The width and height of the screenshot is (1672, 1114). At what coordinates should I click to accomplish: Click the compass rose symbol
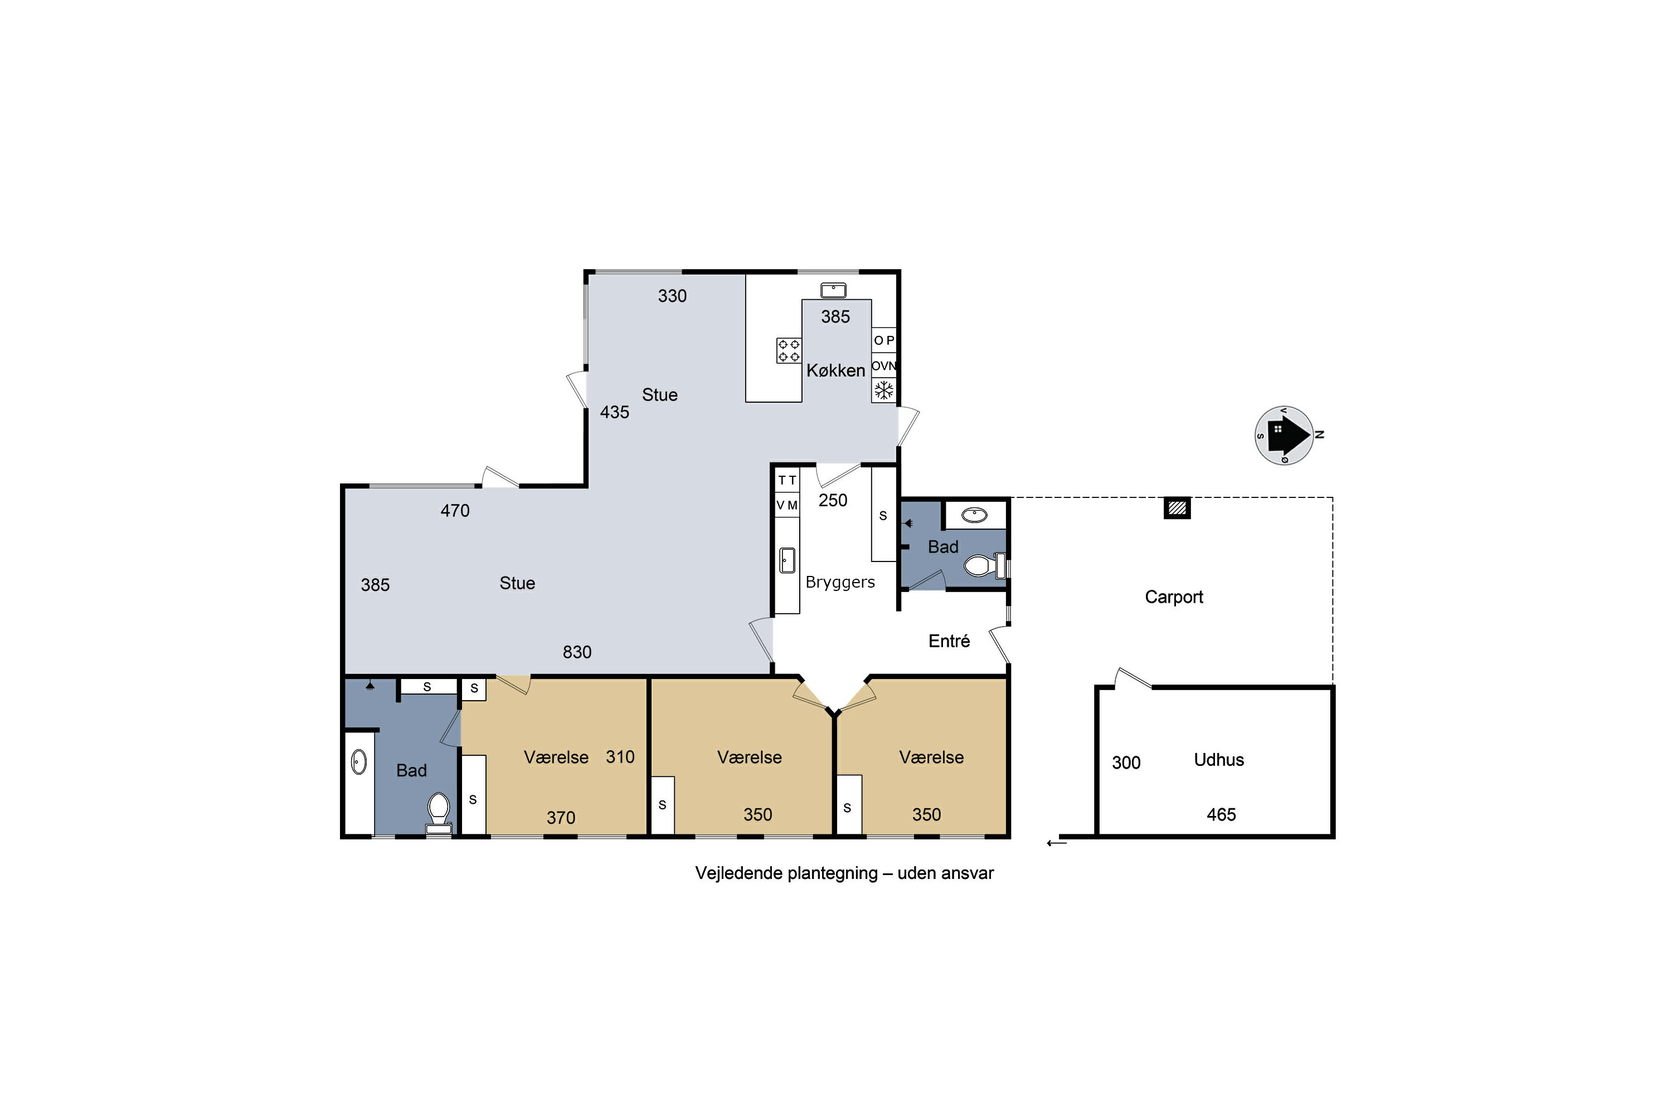(1284, 436)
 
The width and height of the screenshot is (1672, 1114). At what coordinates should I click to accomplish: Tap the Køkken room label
(835, 370)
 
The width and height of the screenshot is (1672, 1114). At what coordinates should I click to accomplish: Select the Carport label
(1174, 597)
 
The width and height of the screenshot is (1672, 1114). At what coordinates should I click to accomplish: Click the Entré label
(949, 641)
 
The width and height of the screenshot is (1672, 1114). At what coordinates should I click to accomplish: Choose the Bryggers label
(840, 583)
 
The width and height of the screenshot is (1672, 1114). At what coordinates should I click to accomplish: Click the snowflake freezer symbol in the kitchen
(883, 390)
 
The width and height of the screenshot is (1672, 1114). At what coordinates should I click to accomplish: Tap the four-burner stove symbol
(789, 350)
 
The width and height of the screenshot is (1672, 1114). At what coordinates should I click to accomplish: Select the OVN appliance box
(883, 366)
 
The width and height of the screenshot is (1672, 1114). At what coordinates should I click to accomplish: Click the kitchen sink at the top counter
(833, 290)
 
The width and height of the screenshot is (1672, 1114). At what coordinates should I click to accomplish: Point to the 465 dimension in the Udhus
(1221, 815)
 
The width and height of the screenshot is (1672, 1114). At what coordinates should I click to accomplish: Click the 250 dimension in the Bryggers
(833, 500)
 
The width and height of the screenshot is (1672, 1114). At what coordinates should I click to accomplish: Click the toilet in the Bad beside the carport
(984, 565)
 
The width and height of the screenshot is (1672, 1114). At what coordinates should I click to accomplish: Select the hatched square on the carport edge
(1177, 507)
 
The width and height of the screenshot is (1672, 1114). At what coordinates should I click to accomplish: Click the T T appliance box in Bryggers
(787, 480)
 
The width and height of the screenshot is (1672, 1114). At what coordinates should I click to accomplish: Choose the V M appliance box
(787, 505)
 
